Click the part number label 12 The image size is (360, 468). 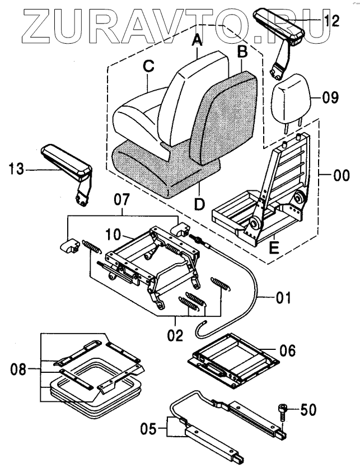click(331, 21)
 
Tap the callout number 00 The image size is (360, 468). click(340, 176)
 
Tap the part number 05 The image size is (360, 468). click(149, 430)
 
